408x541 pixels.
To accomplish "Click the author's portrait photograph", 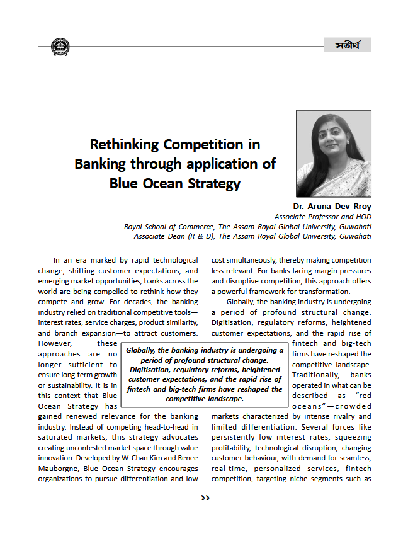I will point(333,154).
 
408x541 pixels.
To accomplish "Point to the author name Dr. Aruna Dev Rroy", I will point(332,207).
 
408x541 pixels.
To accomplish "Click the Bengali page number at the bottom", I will point(205,498).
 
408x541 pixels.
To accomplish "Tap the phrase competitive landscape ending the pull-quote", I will point(205,399).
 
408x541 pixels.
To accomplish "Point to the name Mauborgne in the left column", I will point(60,469).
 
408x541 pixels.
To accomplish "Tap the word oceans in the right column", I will point(313,406).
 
